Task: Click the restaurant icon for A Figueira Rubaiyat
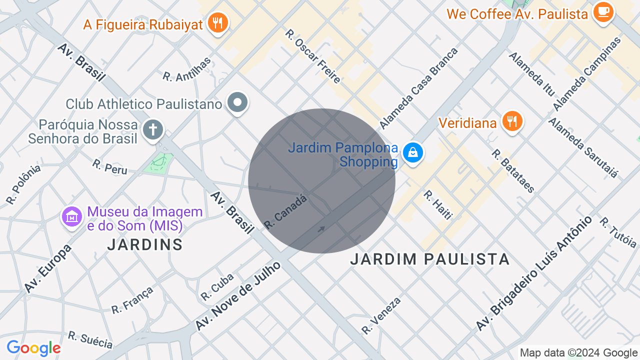pos(217,23)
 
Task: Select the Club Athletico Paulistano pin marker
pos(237,103)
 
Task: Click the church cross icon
pos(153,130)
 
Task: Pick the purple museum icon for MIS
pos(72,217)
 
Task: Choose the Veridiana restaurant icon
pos(512,121)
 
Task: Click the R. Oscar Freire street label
pos(313,56)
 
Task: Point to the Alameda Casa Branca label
pos(418,88)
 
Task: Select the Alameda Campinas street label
pos(587,73)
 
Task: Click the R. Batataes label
pos(513,171)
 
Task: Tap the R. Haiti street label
pos(437,204)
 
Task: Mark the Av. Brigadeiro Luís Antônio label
pos(533,273)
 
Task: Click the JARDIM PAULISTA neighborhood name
pos(430,259)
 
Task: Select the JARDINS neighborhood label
pos(145,244)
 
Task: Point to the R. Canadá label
pos(285,212)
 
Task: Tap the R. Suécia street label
pos(90,339)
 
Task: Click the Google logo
pos(33,348)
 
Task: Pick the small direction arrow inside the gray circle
pos(321,229)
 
